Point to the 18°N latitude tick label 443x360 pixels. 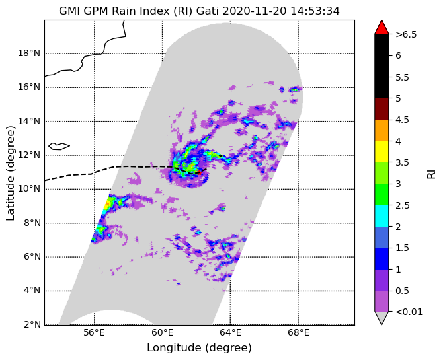(x=29, y=53)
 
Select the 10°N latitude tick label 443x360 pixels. (x=29, y=189)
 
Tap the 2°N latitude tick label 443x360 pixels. (x=32, y=324)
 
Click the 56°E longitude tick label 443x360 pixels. (x=95, y=333)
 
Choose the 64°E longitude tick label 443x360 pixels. (x=231, y=333)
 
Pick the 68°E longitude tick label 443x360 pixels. (x=298, y=333)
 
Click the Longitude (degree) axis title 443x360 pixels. (x=199, y=348)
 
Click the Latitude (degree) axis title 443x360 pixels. (x=10, y=173)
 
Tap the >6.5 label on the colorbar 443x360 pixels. (x=406, y=35)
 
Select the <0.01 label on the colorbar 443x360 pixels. (x=409, y=312)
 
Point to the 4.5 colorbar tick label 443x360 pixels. (x=402, y=120)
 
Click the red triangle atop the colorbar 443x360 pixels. (x=382, y=28)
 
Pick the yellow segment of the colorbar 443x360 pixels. (x=382, y=152)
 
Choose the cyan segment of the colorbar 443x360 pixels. (x=382, y=216)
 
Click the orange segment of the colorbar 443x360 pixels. (x=382, y=130)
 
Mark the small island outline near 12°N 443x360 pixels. (x=59, y=146)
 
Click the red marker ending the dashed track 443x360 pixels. (x=200, y=173)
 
